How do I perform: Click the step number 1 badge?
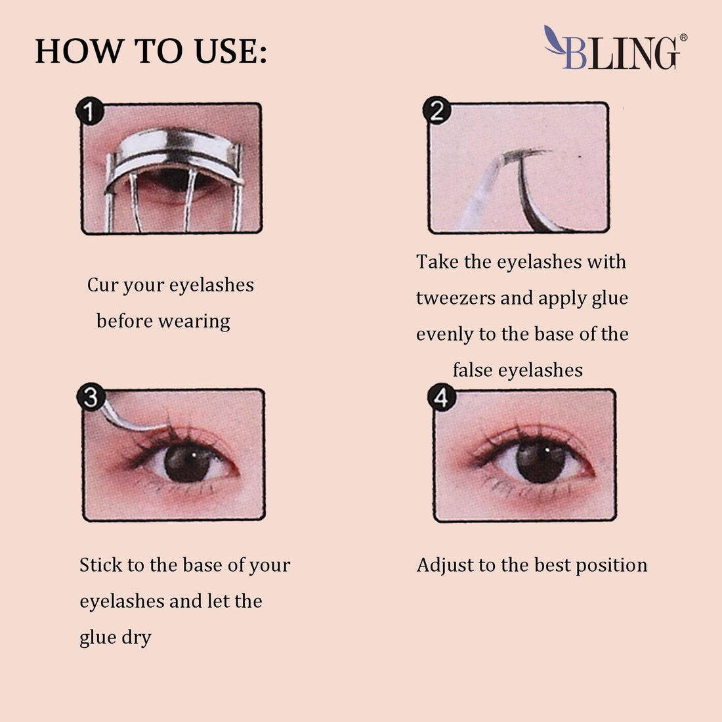[90, 112]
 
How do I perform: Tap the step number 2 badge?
[436, 111]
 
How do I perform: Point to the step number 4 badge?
[441, 398]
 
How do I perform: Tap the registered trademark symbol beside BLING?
[683, 38]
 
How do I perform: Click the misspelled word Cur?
[103, 285]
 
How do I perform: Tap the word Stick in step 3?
[101, 565]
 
